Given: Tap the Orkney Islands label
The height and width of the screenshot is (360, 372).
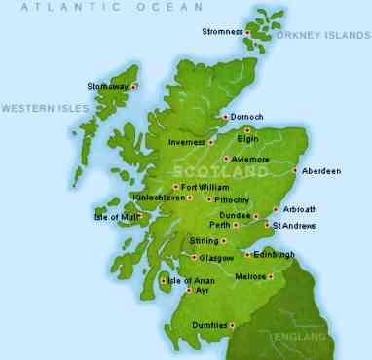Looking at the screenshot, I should tap(323, 35).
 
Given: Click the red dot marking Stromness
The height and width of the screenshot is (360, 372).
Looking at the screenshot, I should tap(248, 32).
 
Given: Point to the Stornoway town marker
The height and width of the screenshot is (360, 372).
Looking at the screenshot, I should tap(133, 86).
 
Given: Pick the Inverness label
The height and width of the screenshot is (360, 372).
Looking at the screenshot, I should tap(185, 142).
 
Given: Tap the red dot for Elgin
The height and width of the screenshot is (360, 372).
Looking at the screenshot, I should tap(247, 129).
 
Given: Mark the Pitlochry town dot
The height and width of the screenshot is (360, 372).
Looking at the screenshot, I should tap(208, 199).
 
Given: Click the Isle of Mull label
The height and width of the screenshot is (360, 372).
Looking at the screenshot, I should tap(115, 216).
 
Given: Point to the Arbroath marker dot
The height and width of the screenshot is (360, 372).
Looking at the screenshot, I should tap(275, 209).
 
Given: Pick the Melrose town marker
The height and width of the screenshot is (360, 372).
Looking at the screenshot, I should tap(270, 277).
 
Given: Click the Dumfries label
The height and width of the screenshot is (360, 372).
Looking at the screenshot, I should tap(209, 325).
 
